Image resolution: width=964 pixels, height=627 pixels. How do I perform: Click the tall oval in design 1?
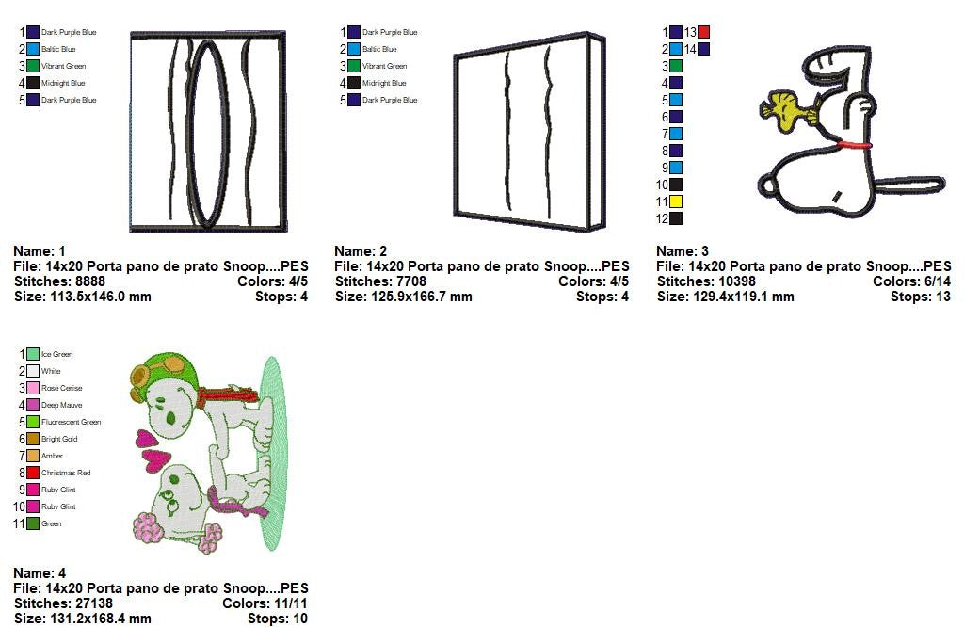tap(208, 134)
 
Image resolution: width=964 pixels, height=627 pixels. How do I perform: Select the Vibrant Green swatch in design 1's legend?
tap(33, 66)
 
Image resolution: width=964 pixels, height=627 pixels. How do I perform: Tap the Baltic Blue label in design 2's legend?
tap(379, 49)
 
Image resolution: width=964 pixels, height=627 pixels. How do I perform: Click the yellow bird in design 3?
tap(781, 107)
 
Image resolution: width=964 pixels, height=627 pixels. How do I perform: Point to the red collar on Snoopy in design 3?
tap(855, 145)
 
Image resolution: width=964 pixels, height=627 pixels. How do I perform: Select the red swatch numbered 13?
tap(703, 32)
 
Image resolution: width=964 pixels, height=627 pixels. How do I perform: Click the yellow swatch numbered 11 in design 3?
tap(676, 201)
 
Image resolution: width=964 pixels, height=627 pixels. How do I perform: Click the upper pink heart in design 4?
tap(145, 438)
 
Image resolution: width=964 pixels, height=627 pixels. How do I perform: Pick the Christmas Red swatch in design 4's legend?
tap(33, 473)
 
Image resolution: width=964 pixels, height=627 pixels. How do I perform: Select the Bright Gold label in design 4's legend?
tap(59, 439)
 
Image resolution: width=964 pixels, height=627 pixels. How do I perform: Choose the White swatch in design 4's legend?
tap(33, 371)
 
